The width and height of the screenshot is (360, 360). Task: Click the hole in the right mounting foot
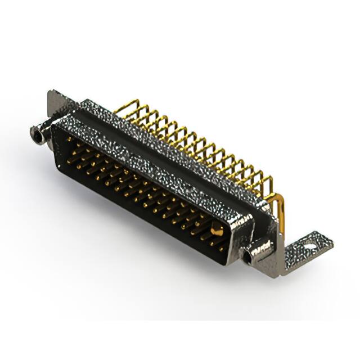[x=310, y=244]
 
